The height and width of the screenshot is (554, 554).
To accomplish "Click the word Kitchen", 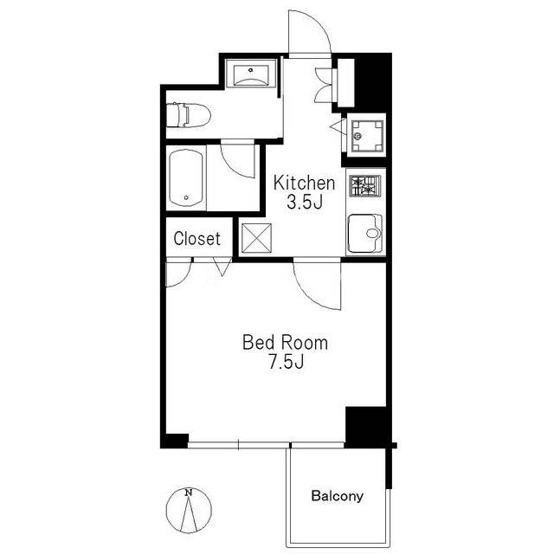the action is [304, 183].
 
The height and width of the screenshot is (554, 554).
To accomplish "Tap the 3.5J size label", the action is [305, 203].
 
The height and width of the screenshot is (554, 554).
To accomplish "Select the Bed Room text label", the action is [285, 343].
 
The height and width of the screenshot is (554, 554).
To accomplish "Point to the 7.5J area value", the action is [287, 362].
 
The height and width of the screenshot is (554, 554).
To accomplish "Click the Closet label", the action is [197, 239].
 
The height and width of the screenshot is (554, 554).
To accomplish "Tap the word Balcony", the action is [337, 496].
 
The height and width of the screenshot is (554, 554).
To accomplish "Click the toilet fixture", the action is [189, 115].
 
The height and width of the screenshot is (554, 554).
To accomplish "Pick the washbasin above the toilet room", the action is [250, 73].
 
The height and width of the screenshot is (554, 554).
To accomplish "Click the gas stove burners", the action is [365, 186].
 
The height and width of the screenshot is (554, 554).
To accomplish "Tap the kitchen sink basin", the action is [365, 233].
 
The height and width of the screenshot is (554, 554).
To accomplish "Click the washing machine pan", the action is [367, 135].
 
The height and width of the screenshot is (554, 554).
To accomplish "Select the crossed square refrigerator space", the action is [257, 238].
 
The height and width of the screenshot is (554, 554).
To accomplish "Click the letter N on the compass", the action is [189, 493].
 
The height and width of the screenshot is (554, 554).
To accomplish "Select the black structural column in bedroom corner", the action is [365, 427].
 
